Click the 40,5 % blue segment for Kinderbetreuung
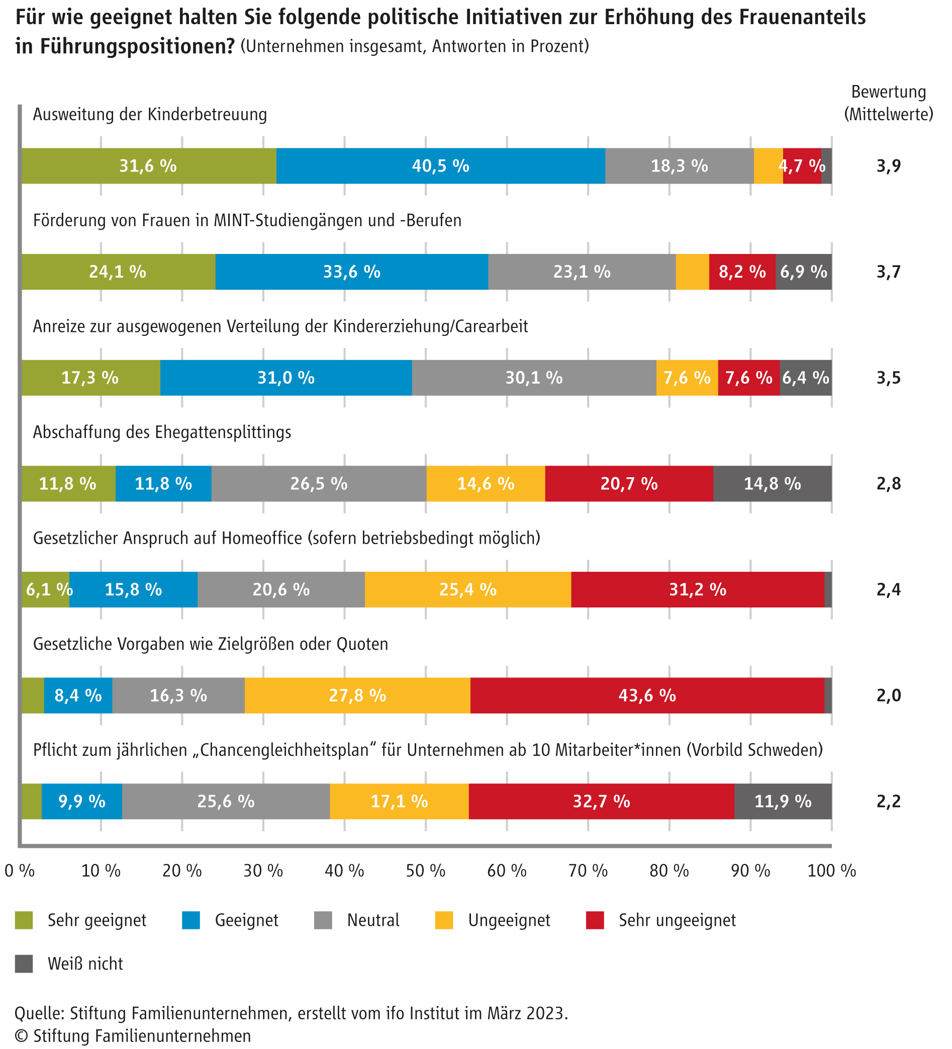(x=440, y=166)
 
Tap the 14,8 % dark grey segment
(x=772, y=483)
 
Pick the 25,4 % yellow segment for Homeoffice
(x=467, y=589)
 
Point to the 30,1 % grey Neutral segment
(x=534, y=378)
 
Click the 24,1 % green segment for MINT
(x=118, y=272)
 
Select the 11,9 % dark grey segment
(x=783, y=801)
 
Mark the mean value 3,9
(x=888, y=166)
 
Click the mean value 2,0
(x=888, y=695)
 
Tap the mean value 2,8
(x=888, y=483)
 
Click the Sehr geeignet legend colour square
(x=24, y=920)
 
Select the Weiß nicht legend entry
(x=85, y=964)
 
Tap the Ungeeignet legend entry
(x=508, y=920)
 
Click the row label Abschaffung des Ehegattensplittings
(x=162, y=432)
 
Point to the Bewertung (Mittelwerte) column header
(x=888, y=103)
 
